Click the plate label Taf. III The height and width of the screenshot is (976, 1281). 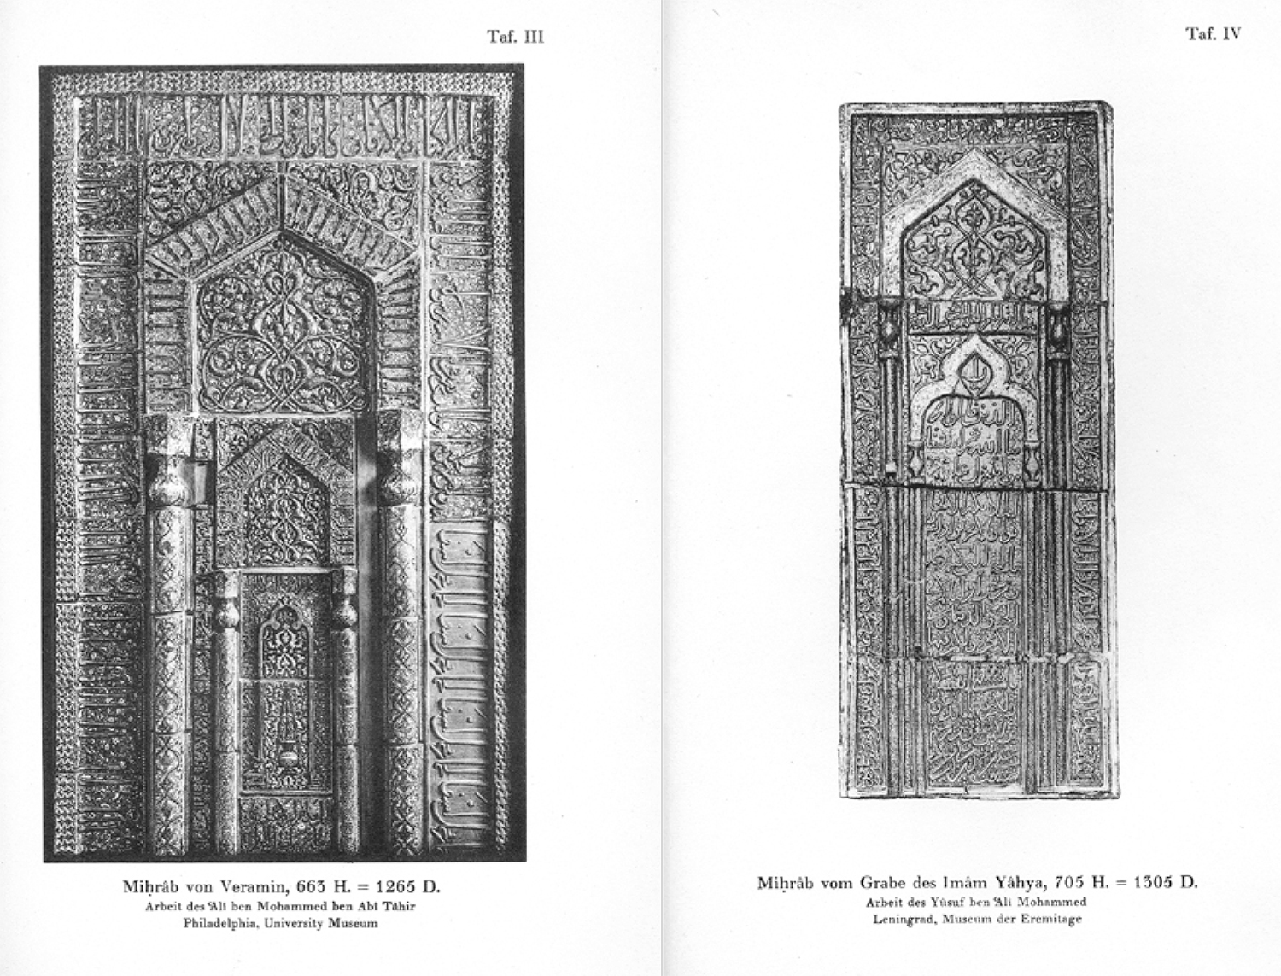pos(515,37)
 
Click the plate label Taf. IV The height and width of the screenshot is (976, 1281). pos(1213,34)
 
